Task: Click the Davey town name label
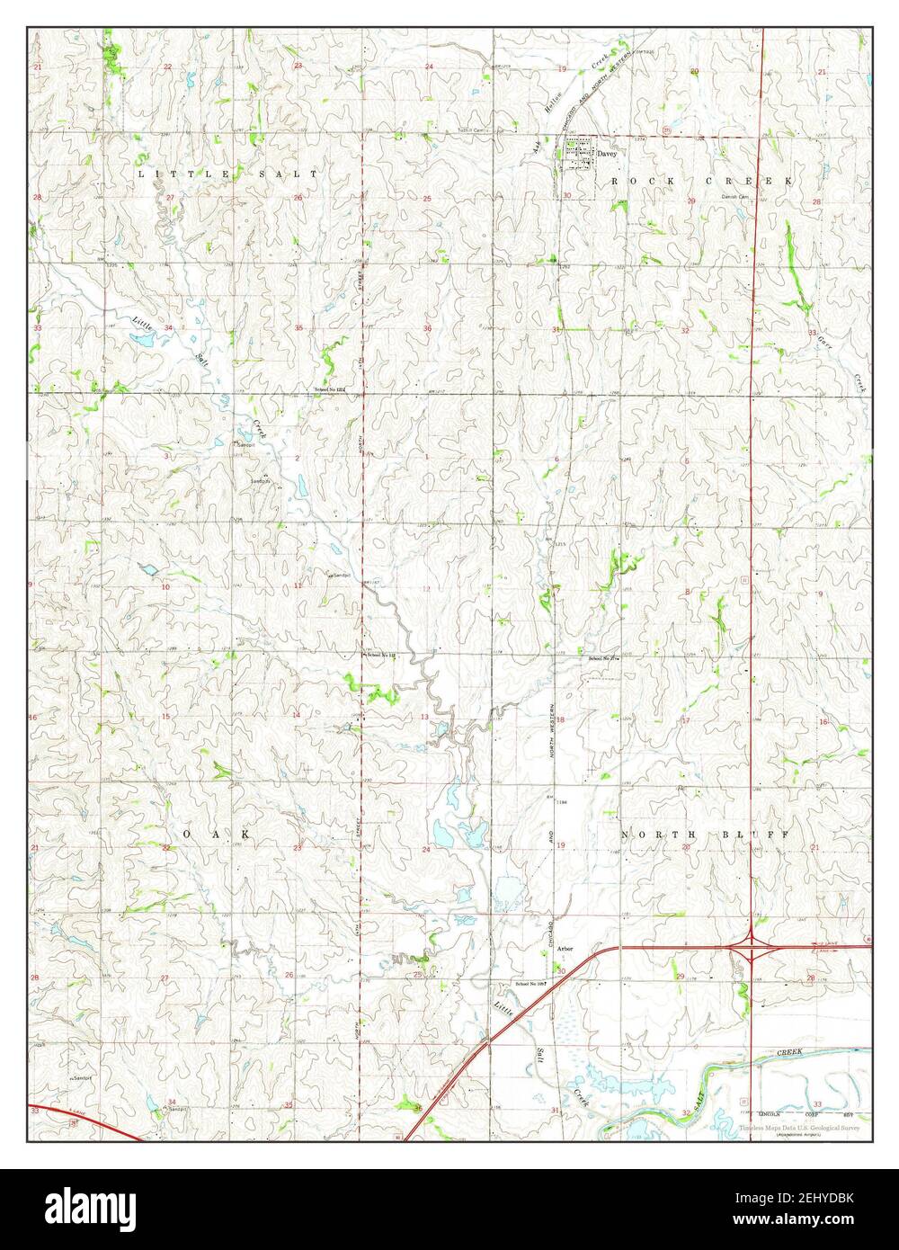click(x=607, y=154)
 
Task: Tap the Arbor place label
click(x=565, y=949)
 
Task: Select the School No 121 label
click(x=328, y=389)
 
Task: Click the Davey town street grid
click(x=579, y=153)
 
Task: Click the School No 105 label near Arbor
click(x=531, y=984)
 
